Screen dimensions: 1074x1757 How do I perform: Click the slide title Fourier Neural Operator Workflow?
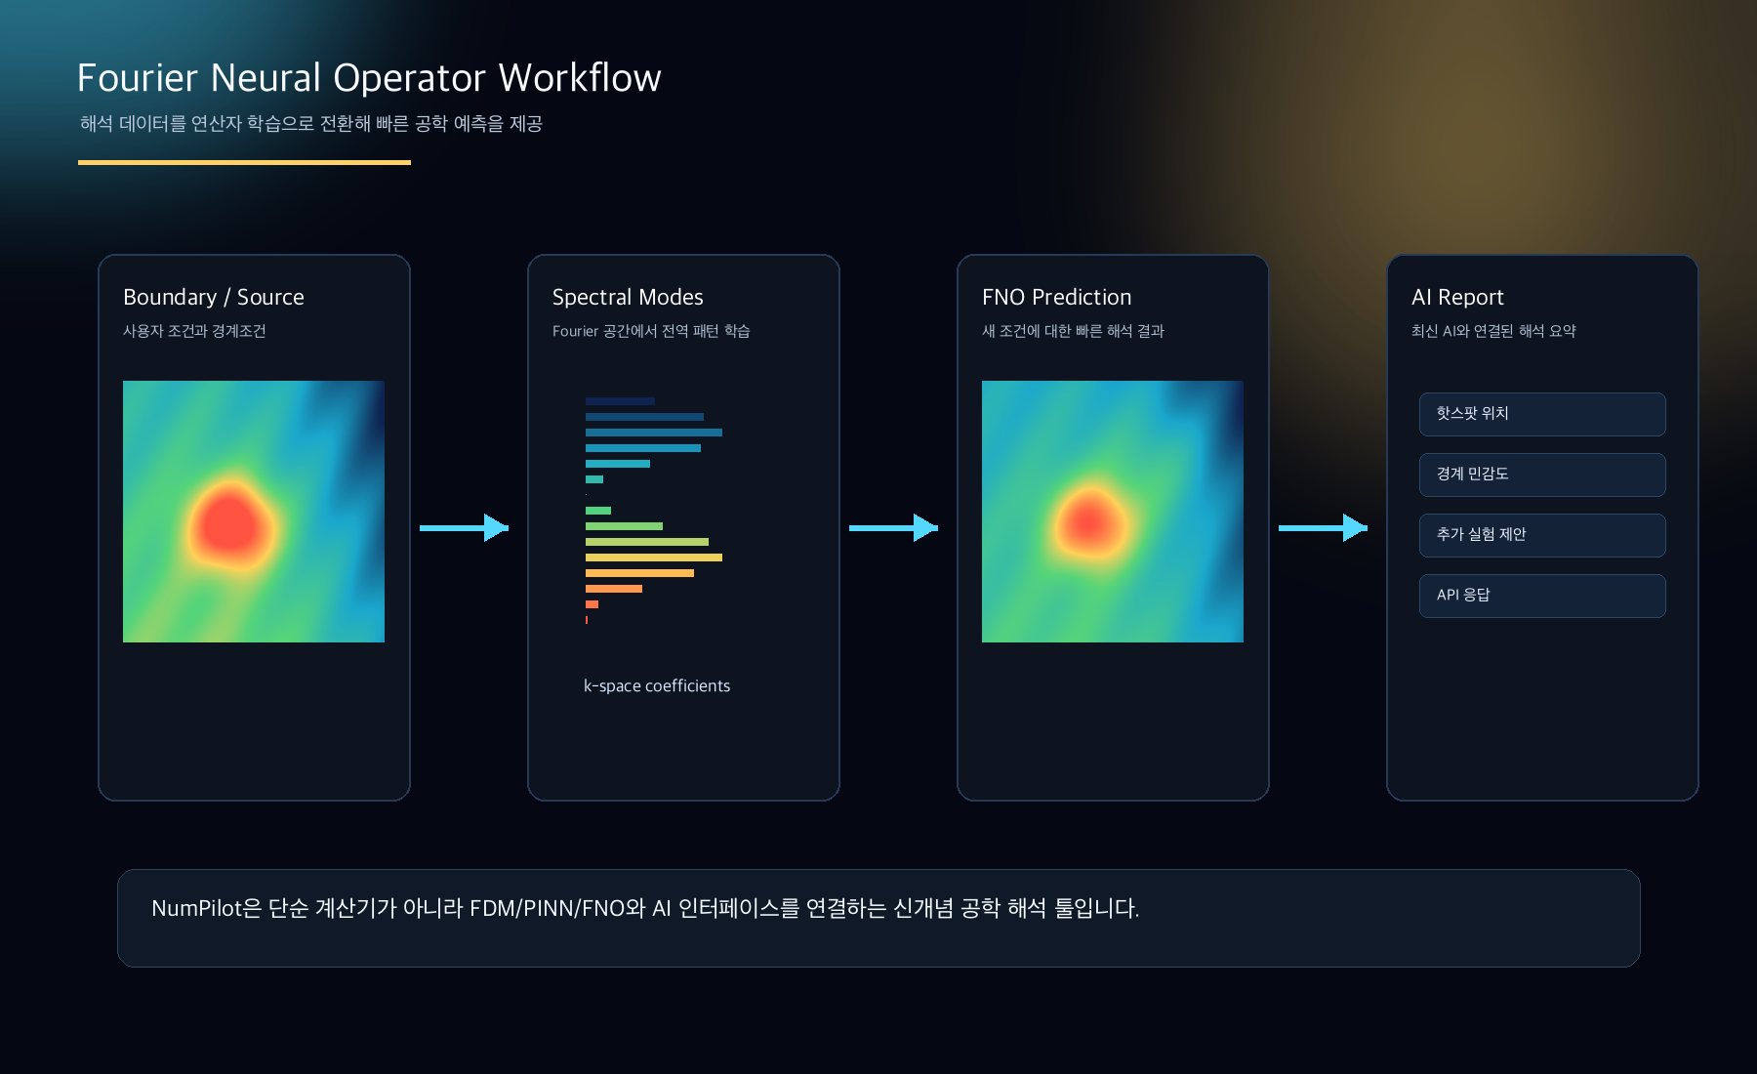point(369,78)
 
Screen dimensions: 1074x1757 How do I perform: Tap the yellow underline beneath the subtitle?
point(244,162)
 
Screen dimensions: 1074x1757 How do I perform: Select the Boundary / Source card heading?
point(213,297)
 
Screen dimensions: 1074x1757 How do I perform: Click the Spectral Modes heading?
point(628,297)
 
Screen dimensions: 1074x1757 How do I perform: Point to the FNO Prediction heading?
point(1056,297)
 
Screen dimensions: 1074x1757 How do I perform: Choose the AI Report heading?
point(1457,297)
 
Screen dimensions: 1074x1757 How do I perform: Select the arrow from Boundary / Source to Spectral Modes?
point(465,528)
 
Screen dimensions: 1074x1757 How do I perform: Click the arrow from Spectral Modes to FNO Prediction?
point(894,528)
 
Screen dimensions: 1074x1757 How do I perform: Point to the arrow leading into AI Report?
point(1324,528)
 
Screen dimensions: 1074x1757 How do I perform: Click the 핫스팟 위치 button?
point(1542,414)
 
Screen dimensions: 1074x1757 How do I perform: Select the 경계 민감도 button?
point(1542,475)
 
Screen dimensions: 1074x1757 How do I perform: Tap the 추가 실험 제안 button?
point(1542,535)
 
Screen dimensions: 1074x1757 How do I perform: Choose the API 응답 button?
point(1542,596)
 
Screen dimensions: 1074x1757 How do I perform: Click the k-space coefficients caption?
point(657,686)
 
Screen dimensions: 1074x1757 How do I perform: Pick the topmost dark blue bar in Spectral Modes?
point(620,401)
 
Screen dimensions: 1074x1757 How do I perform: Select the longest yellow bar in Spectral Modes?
point(654,558)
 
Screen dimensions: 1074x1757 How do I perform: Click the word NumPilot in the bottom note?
point(196,909)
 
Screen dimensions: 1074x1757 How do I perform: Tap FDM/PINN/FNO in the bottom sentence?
point(547,909)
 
